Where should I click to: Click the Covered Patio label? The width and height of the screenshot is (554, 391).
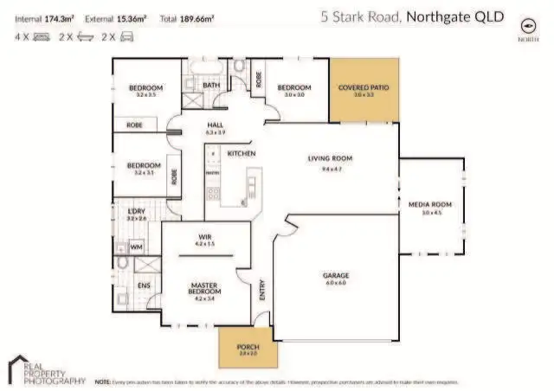point(363,87)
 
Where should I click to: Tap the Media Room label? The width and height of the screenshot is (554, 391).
point(431,204)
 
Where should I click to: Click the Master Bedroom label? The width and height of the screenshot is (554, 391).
point(204,289)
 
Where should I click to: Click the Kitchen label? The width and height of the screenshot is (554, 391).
point(241,153)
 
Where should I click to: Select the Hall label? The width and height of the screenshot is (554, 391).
point(215,125)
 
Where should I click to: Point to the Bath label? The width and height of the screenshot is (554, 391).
point(211,85)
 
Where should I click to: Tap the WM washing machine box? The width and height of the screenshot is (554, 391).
point(136,247)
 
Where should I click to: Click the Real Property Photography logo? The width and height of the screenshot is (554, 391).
point(47,369)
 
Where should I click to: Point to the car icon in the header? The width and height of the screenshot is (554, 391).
point(128,37)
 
